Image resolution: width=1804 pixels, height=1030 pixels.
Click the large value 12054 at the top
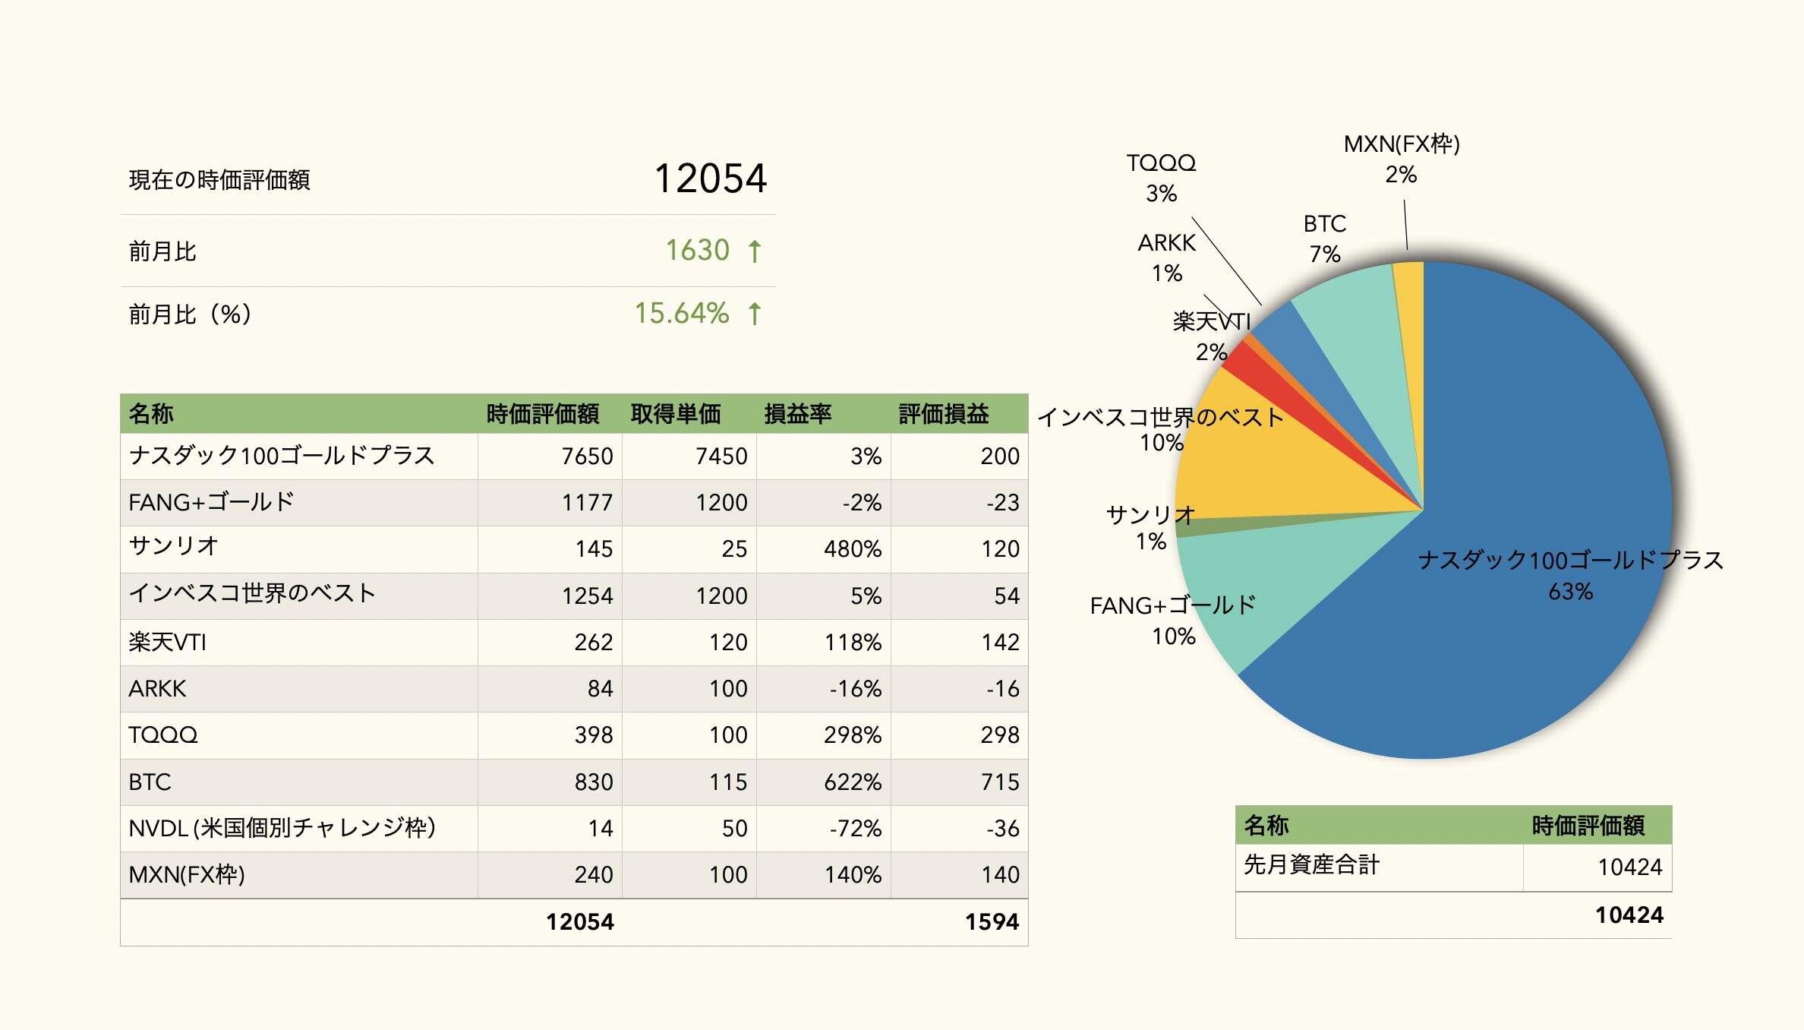tap(710, 179)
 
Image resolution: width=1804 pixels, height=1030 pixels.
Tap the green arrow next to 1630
tap(755, 251)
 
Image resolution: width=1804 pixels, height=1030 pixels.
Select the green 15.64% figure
tap(681, 314)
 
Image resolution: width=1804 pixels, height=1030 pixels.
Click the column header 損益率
tap(797, 414)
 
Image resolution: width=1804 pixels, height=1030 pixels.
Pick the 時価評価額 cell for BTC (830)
tap(593, 782)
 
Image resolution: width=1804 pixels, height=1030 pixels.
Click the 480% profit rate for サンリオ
tap(852, 548)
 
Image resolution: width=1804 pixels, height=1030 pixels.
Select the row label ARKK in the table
tap(157, 689)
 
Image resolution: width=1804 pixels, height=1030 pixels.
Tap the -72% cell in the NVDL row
tap(855, 828)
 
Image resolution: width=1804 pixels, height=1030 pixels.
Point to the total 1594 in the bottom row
tap(991, 921)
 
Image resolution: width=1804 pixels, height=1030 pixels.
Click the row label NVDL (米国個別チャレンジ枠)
tap(282, 828)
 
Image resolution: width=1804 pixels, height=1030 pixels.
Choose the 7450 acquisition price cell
tap(721, 456)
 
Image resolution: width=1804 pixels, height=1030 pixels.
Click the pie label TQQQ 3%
tap(1161, 178)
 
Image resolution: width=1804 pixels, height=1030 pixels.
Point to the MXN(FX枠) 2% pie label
tap(1402, 159)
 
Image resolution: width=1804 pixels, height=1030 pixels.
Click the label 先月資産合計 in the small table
tap(1311, 865)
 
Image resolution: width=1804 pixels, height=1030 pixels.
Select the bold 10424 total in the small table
tap(1629, 915)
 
